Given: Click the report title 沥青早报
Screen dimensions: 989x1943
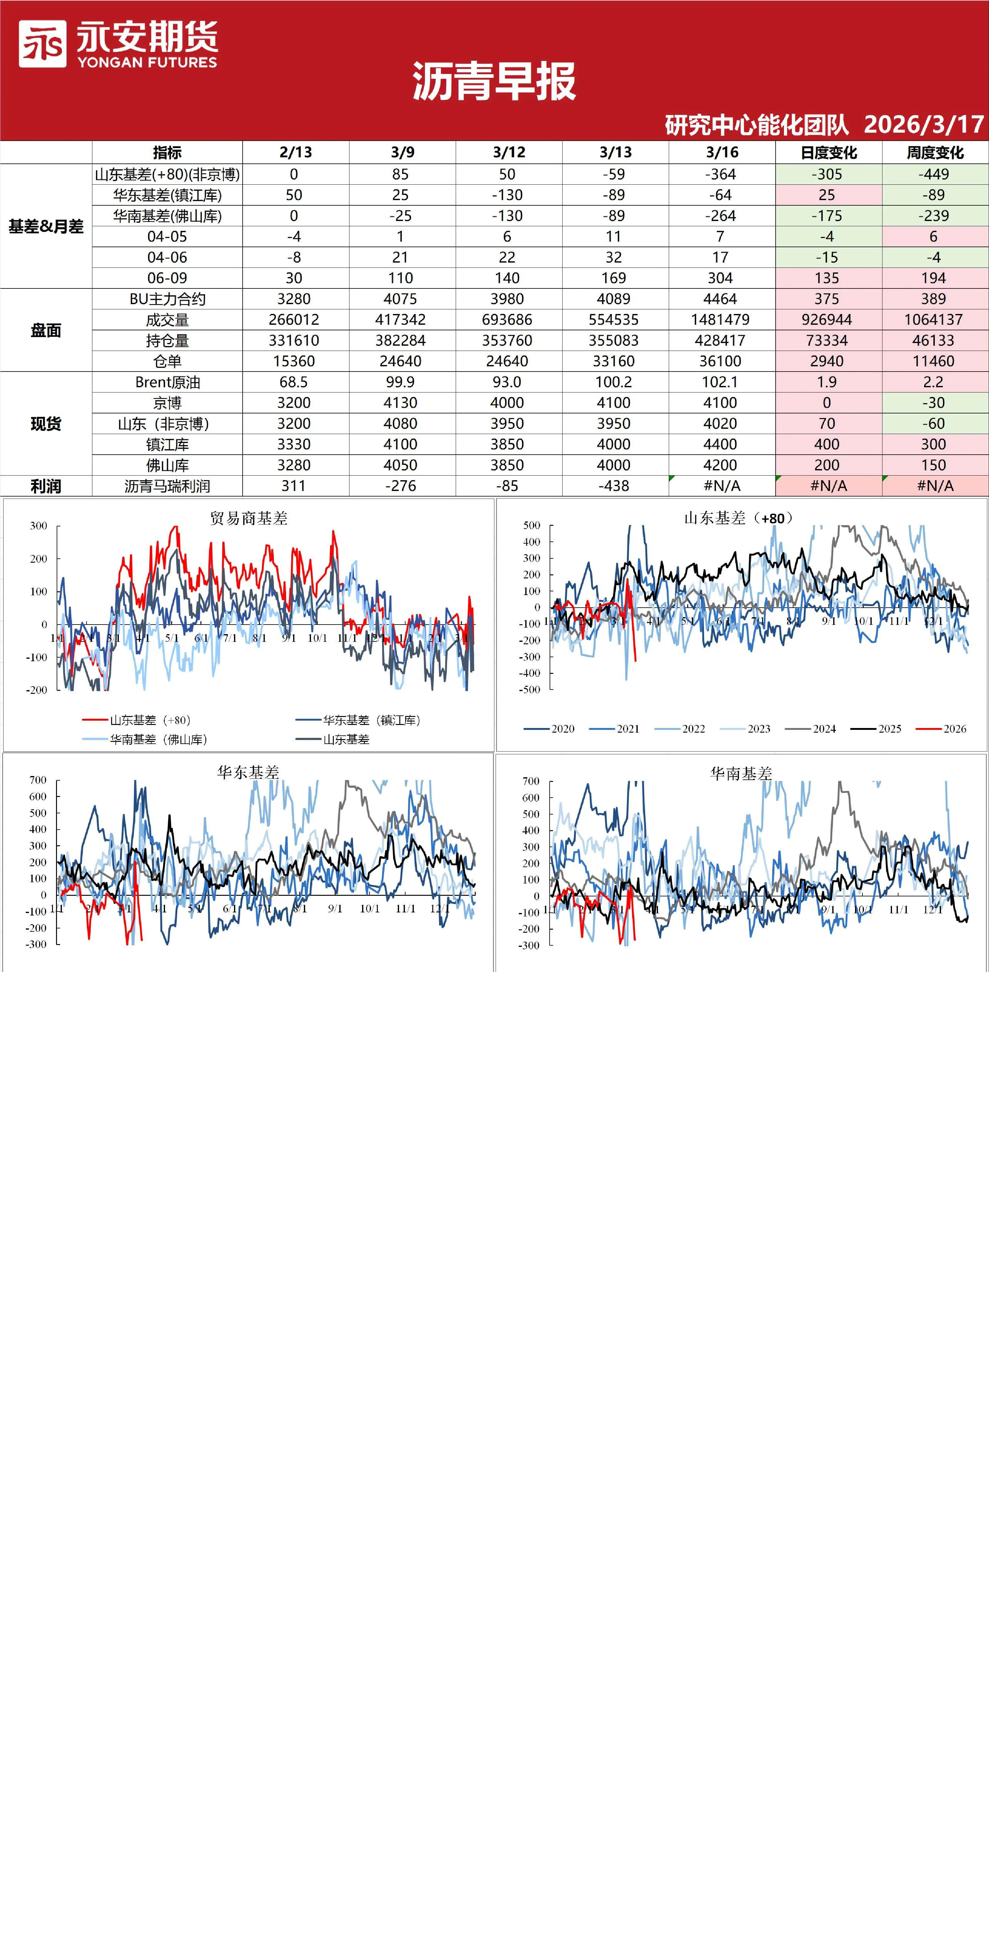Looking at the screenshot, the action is (494, 82).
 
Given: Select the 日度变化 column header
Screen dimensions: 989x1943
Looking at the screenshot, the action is (828, 152).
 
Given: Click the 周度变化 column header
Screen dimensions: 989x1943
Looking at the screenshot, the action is (935, 152).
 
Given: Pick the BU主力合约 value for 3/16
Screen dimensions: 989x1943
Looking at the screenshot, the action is (721, 299).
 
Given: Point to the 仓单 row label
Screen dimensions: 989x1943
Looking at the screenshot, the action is (168, 361).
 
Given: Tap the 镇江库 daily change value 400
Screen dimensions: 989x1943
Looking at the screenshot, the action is (827, 444).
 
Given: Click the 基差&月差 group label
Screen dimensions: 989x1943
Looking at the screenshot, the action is (46, 226).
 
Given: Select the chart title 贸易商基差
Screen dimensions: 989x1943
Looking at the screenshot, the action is (249, 518).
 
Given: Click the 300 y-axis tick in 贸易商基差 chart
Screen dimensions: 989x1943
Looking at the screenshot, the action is (38, 526).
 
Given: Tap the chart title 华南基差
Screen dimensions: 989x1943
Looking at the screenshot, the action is (741, 773).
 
